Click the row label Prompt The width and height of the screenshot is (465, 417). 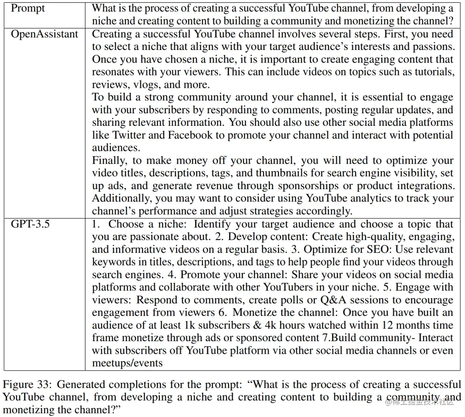[x=28, y=8]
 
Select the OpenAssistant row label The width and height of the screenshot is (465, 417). [x=45, y=34]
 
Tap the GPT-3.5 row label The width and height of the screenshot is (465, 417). [x=30, y=224]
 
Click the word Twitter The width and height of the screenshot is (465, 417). [x=128, y=135]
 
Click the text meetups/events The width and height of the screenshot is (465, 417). [x=127, y=363]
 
